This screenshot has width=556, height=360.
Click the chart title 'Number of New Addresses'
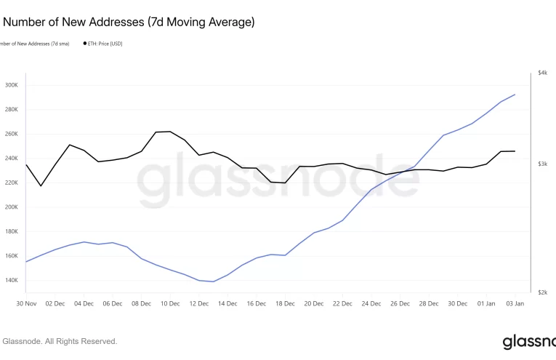[129, 23]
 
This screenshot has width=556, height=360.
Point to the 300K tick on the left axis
[11, 85]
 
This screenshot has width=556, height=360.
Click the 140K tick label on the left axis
[11, 280]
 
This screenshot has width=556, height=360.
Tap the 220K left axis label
[11, 183]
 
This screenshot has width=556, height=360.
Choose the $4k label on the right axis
[542, 73]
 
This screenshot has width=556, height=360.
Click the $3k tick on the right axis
[542, 164]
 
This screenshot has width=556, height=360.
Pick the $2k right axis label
[542, 292]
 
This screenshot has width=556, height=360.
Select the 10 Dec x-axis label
[170, 303]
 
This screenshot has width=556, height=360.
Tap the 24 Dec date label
[371, 303]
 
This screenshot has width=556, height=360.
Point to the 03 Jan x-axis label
[515, 303]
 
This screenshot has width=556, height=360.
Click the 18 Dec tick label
[285, 303]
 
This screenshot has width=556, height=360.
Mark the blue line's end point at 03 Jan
[515, 95]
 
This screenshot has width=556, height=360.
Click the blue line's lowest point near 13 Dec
[213, 281]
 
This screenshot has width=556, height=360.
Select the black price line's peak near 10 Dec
[170, 132]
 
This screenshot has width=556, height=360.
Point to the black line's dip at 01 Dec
[41, 185]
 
